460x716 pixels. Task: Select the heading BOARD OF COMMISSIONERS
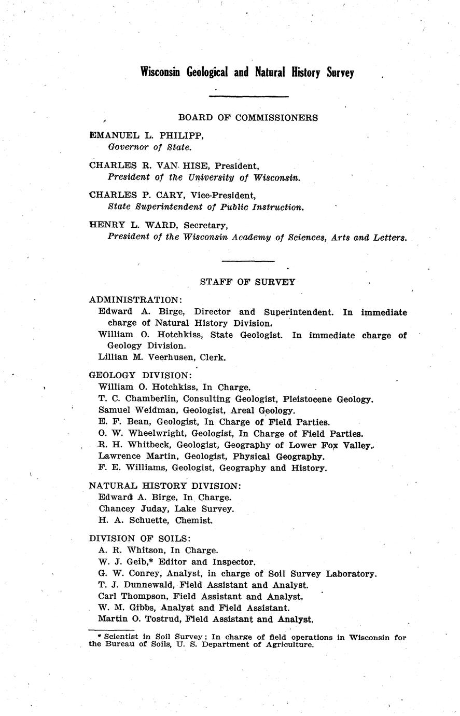[248, 118]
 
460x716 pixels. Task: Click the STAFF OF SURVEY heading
[248, 282]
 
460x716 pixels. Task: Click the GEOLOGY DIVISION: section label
[141, 375]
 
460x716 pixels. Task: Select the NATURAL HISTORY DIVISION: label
[165, 486]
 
